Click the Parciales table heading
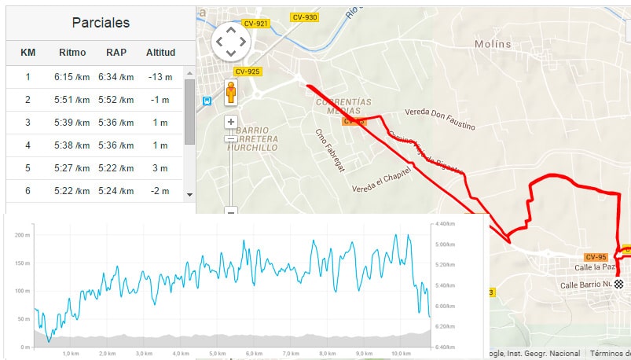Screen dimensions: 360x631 coord(101,22)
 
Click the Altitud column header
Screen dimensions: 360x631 coord(160,53)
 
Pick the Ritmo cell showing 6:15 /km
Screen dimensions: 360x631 coord(72,77)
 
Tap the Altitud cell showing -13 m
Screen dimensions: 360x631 coord(160,77)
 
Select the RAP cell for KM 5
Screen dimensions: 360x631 coord(116,168)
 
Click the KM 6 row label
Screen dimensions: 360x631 coord(28,191)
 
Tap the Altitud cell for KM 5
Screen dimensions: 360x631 coord(160,168)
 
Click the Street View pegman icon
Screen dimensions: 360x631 coord(231,93)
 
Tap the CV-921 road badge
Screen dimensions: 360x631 coord(256,24)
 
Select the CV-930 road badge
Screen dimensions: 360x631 coord(304,17)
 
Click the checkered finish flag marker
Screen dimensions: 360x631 coord(619,285)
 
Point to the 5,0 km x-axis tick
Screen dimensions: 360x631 coord(218,354)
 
